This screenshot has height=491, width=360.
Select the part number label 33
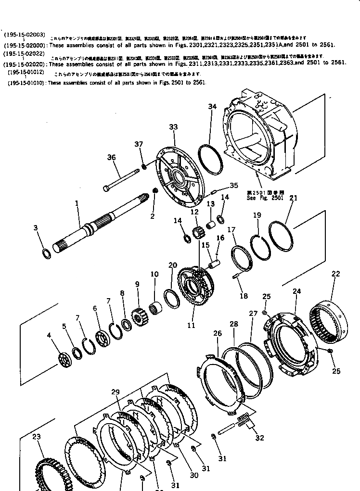173,127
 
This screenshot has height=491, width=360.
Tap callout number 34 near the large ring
212,106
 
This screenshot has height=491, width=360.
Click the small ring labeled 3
45,253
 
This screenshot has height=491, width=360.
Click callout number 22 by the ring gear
335,274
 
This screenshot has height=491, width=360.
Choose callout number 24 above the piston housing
296,291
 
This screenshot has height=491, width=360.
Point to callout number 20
173,265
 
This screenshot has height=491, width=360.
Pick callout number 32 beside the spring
260,438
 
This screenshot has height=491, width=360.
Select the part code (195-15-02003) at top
24,35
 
